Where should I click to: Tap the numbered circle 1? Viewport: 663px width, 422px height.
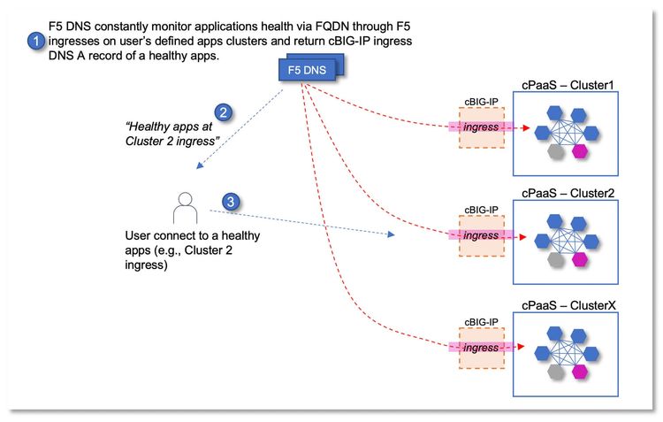tap(35, 41)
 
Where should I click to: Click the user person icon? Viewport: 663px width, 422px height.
tap(184, 209)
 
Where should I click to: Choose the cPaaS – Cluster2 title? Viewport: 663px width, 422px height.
tap(568, 193)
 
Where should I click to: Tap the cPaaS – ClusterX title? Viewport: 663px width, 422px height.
tap(568, 304)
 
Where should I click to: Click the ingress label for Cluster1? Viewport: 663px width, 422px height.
tap(482, 128)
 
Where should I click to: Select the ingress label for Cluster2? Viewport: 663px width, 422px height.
tap(482, 236)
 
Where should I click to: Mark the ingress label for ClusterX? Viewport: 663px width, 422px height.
tap(482, 348)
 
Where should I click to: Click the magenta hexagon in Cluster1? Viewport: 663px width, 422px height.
tap(580, 151)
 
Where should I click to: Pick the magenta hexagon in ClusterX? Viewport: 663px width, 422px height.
tap(580, 371)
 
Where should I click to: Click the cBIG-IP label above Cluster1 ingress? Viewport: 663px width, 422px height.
tap(481, 102)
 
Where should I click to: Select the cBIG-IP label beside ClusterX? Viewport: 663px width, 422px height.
tap(481, 321)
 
